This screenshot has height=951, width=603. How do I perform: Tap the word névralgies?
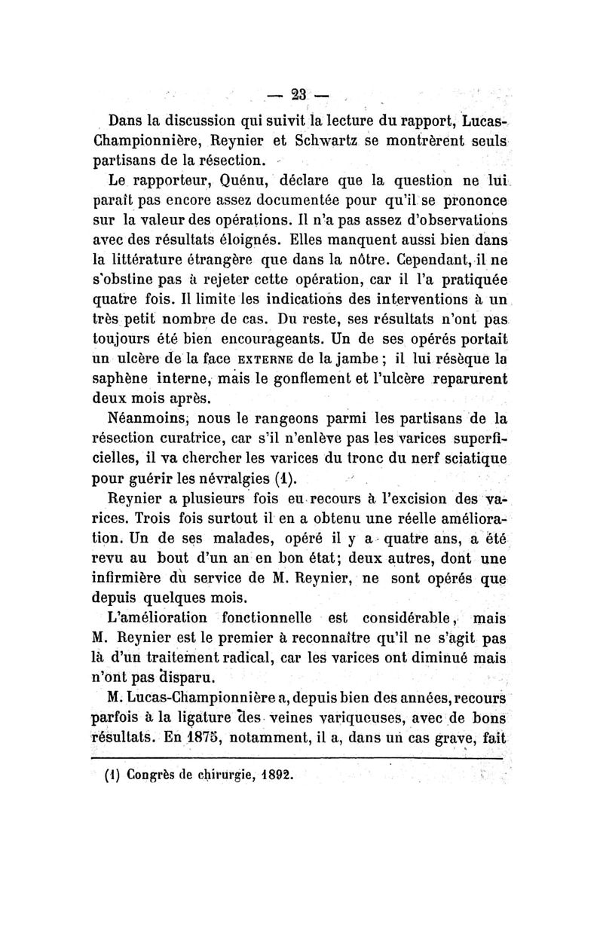229,479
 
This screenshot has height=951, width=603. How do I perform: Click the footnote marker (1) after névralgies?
285,479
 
